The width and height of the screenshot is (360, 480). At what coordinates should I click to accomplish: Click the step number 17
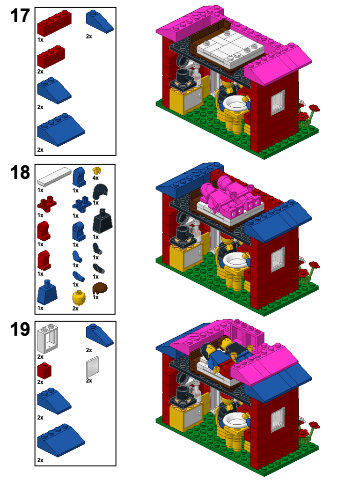20,16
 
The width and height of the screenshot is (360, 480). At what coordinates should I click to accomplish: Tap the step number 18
20,173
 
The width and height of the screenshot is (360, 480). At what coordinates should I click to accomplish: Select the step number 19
20,330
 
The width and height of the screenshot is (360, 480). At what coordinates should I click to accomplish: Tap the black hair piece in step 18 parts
100,192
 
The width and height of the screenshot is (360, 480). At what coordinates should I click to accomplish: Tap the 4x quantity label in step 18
96,178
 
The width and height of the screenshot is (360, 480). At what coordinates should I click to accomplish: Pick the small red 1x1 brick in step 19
44,370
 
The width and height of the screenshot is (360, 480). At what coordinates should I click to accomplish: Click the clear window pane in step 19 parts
93,368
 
